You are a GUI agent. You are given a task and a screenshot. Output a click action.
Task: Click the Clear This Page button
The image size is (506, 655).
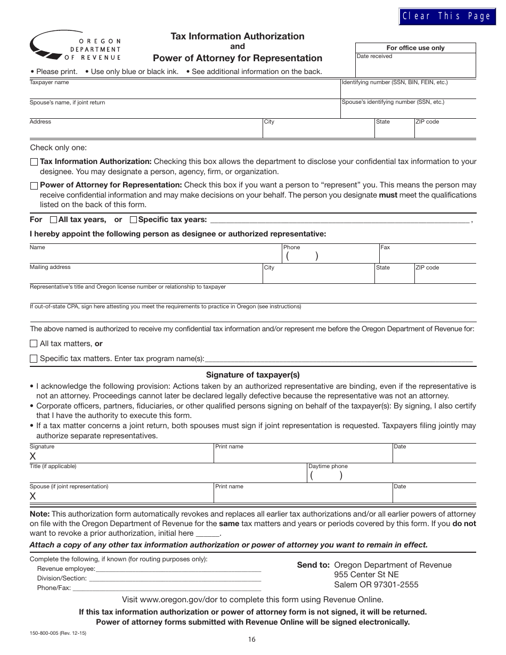pyautogui.click(x=446, y=17)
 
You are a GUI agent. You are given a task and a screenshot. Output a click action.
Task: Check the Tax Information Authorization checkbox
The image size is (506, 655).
pyautogui.click(x=34, y=162)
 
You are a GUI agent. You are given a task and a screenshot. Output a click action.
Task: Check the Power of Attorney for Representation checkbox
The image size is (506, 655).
pyautogui.click(x=34, y=186)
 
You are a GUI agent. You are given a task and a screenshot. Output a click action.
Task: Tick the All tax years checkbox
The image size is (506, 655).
pyautogui.click(x=53, y=219)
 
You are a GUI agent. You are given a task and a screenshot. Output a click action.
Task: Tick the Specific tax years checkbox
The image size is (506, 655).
pyautogui.click(x=133, y=219)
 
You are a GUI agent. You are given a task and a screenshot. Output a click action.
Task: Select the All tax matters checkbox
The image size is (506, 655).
pyautogui.click(x=34, y=344)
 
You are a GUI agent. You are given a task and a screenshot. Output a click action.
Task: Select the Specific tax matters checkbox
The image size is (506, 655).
pyautogui.click(x=34, y=359)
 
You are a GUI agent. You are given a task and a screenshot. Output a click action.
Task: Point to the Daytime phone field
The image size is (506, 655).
pyautogui.click(x=391, y=476)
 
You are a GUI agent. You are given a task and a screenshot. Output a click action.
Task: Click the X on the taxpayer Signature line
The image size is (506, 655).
pyautogui.click(x=33, y=456)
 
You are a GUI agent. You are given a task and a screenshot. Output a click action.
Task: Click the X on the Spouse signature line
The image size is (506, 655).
pyautogui.click(x=33, y=496)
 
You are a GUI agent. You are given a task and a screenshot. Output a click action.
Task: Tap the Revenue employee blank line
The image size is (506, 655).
pyautogui.click(x=178, y=568)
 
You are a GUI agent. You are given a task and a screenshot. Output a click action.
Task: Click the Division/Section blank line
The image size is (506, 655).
pyautogui.click(x=175, y=578)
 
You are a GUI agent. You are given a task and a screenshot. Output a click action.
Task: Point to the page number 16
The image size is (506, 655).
pyautogui.click(x=251, y=640)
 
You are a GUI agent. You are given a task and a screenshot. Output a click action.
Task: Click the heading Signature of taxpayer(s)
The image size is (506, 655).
pyautogui.click(x=252, y=375)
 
